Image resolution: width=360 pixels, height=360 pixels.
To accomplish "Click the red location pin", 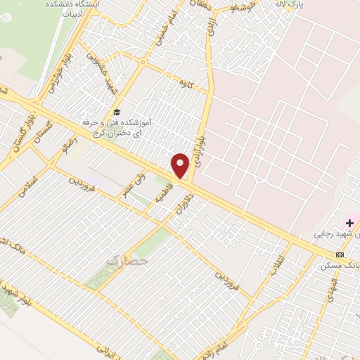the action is pos(181,165).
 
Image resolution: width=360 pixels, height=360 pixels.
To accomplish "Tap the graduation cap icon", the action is pos(117,112).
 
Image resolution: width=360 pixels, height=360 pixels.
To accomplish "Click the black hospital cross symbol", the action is pos(349,223).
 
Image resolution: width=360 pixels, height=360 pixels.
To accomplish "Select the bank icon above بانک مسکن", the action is pos(340,254).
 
